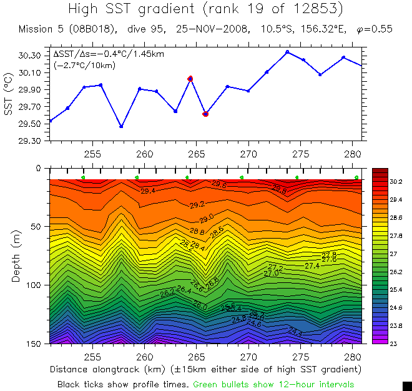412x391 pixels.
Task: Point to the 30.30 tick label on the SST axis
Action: tap(32, 56)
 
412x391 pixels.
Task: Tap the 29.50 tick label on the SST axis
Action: tap(32, 124)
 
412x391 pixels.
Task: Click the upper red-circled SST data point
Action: tap(190, 79)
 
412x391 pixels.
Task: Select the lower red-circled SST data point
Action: tap(205, 114)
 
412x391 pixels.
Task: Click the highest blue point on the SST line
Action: tap(287, 52)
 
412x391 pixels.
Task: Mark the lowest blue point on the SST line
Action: tap(121, 126)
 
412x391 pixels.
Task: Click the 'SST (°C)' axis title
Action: tap(9, 98)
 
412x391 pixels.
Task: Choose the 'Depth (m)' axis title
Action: tap(16, 256)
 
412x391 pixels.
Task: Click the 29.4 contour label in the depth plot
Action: tap(148, 191)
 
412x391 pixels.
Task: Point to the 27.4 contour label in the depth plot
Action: tap(312, 265)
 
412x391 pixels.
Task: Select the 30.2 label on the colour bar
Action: tap(396, 181)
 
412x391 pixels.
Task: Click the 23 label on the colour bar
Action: tap(393, 344)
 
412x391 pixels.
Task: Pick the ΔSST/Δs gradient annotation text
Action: tap(109, 54)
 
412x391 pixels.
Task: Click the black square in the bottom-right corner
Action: tap(406, 385)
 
